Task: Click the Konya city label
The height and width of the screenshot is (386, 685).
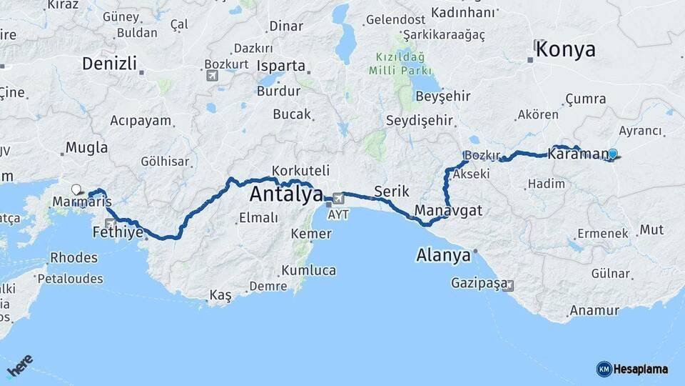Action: pos(565,49)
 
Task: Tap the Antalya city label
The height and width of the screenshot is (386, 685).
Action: pos(286,194)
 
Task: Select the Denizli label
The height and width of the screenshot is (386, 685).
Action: pos(109,63)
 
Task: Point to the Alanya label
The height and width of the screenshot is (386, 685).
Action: pos(444,255)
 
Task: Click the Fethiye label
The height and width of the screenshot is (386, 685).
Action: pos(118,232)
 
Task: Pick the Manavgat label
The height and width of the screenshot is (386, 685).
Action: pos(448,210)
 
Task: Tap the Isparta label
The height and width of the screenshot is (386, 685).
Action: pos(281,66)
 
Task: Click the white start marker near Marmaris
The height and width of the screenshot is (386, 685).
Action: pos(76,189)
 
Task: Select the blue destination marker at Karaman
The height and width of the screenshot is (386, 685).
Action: pos(612,154)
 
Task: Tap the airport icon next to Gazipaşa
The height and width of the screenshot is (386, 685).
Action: pos(508,284)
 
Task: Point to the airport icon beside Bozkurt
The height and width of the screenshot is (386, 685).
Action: pos(212,75)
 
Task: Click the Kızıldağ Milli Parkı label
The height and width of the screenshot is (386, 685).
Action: pos(400,64)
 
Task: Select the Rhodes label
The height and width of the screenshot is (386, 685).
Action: pos(74,257)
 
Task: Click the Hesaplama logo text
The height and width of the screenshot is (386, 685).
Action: pos(640,369)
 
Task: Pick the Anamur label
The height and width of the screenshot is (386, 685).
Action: pos(594,310)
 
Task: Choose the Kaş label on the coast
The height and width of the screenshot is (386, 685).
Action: pos(220,296)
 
